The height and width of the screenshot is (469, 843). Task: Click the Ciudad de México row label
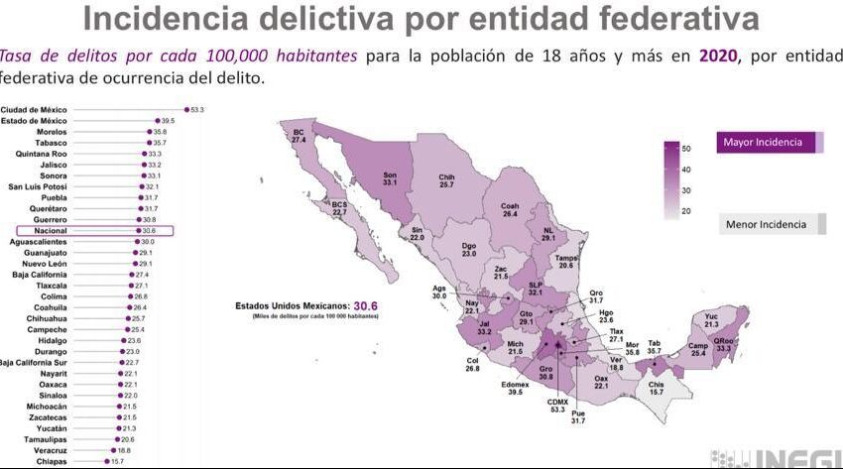(x=34, y=109)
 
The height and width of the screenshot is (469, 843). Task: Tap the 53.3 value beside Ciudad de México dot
(x=196, y=109)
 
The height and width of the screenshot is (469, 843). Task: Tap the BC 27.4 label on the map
(x=298, y=136)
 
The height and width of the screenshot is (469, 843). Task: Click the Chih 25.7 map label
(x=446, y=181)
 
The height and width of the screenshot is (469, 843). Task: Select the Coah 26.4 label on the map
(x=510, y=209)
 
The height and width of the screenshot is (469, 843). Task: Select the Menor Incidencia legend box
(x=771, y=224)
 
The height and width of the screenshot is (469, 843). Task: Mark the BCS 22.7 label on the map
(x=339, y=208)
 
